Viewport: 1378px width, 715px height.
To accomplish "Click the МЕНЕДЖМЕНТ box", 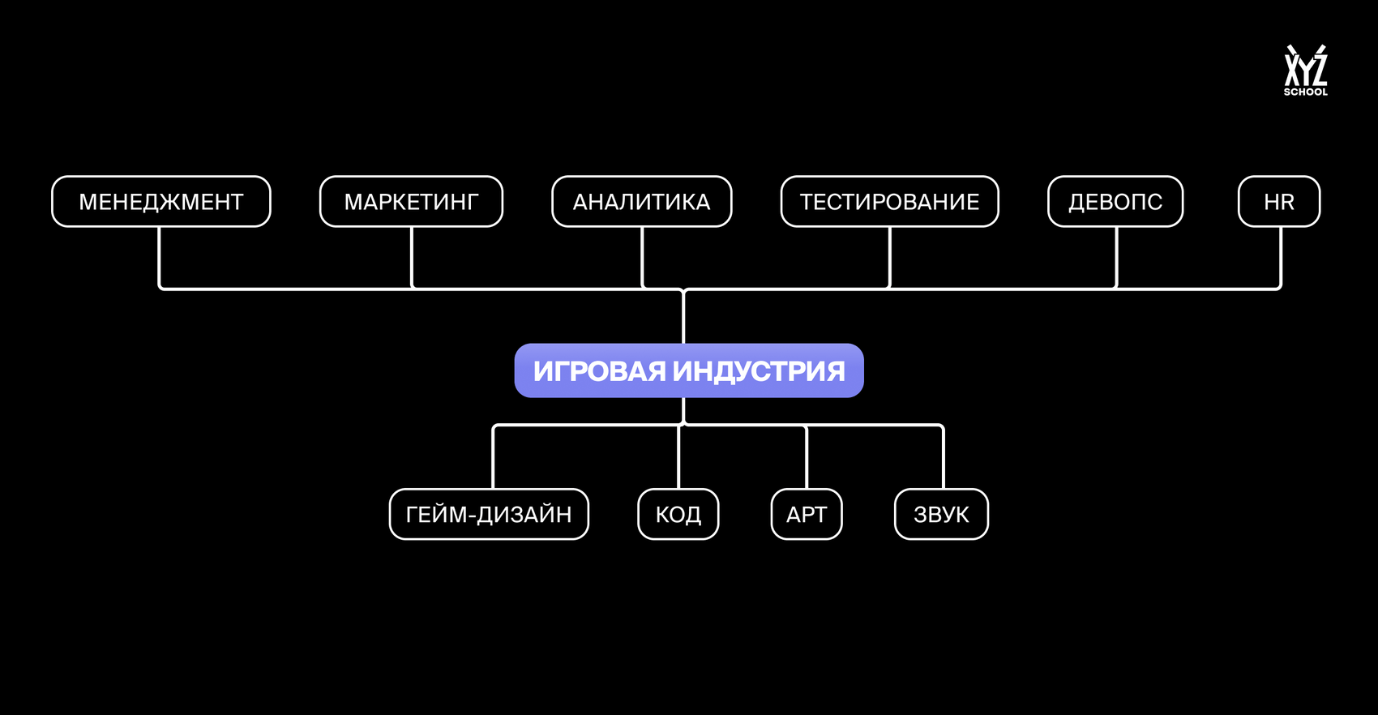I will pos(160,202).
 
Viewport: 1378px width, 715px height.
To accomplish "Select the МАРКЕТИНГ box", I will pos(411,202).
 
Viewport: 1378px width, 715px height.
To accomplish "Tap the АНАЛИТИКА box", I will pos(641,202).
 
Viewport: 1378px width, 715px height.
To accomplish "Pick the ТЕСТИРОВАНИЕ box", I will pos(889,202).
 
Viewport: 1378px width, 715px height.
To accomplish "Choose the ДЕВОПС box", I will pos(1115,202).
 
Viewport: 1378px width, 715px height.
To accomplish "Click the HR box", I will pos(1279,202).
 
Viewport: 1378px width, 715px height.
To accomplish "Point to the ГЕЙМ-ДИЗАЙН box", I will pos(489,514).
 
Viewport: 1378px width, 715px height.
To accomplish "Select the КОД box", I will pos(678,514).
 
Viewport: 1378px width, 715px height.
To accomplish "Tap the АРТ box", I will pos(807,514).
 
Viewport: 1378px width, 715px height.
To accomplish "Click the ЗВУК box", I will pos(941,514).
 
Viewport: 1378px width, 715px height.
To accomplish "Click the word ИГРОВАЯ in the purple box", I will pos(600,371).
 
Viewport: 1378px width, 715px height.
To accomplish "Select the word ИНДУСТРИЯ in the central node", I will pos(759,371).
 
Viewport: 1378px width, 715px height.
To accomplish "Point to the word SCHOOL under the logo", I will pos(1305,92).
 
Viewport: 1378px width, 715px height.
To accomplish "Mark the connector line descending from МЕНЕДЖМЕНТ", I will pos(160,258).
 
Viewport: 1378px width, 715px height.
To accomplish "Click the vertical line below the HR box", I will pos(1281,258).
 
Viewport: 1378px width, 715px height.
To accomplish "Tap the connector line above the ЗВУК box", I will pos(944,458).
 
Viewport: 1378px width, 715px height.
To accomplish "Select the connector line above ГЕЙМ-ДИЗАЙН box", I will pos(494,458).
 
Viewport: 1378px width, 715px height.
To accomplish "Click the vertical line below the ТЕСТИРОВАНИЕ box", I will pos(890,258).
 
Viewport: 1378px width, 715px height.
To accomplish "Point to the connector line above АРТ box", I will pos(807,458).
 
